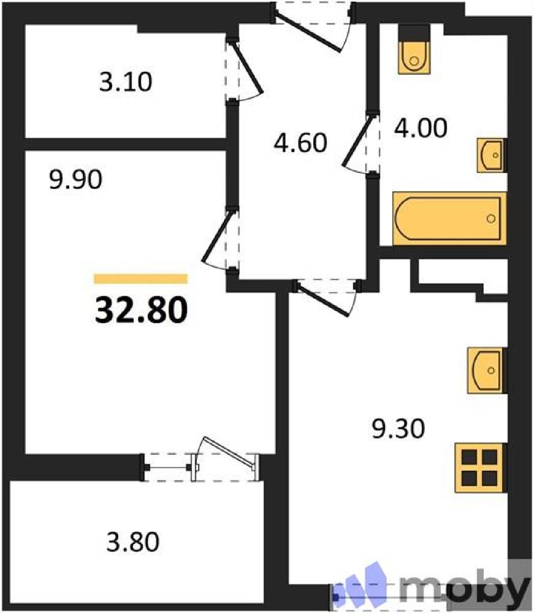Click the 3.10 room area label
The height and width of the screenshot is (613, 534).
tap(126, 82)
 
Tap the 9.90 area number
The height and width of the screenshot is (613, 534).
tap(76, 179)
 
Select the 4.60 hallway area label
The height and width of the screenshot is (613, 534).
tap(301, 143)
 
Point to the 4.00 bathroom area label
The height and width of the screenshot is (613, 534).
tap(421, 128)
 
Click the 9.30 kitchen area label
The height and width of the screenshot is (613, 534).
tap(398, 428)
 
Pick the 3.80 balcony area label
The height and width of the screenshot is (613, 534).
tap(133, 542)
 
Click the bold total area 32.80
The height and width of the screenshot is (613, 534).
tap(141, 310)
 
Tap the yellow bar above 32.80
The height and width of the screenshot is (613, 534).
tap(141, 279)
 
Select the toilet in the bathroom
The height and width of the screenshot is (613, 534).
tap(414, 50)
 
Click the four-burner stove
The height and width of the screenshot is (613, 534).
tap(480, 467)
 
